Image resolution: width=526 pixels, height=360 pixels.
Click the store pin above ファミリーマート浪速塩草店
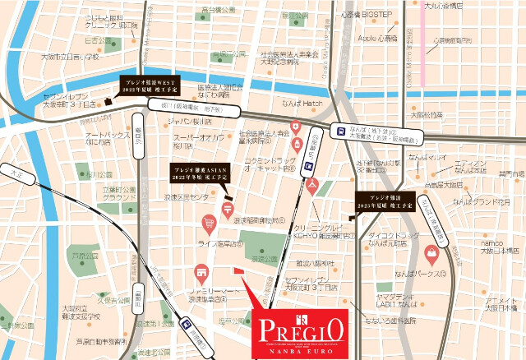coord(200,273)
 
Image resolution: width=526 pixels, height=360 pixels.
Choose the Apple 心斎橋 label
coord(377,38)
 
